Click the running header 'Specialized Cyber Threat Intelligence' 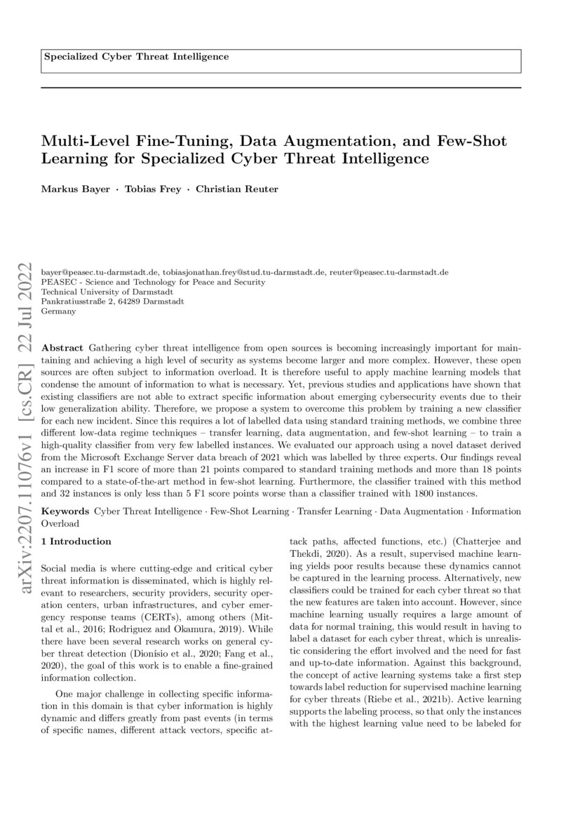pyautogui.click(x=136, y=56)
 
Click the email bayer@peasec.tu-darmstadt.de pyautogui.click(x=100, y=271)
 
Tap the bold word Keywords pyautogui.click(x=65, y=513)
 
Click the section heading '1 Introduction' pyautogui.click(x=76, y=542)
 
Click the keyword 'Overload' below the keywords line pyautogui.click(x=61, y=523)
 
